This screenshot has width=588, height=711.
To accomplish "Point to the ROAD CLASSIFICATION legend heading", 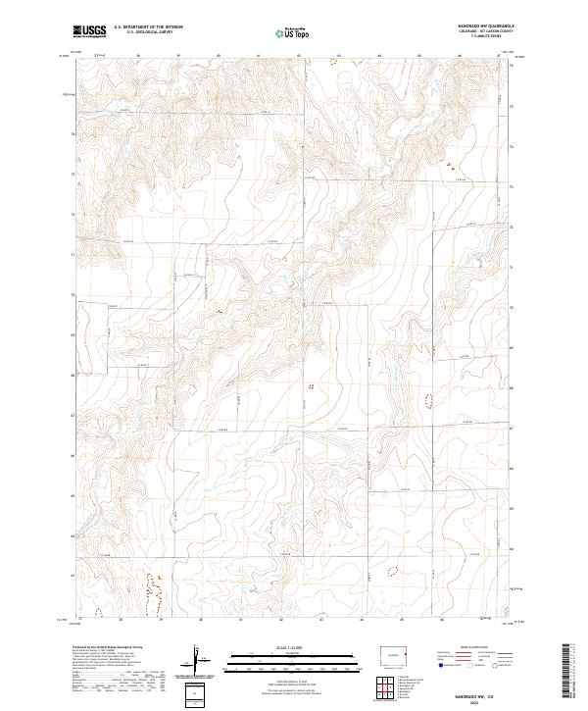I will pos(474,648).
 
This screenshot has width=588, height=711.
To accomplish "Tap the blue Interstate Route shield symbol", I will pos(440,664).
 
